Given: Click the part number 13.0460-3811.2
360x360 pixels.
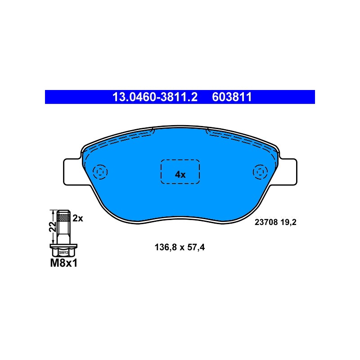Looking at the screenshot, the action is click(155, 97).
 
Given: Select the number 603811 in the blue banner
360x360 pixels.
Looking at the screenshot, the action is click(232, 97).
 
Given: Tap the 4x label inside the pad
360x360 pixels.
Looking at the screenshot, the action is click(180, 175).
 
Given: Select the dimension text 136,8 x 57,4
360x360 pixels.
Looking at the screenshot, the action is click(180, 247).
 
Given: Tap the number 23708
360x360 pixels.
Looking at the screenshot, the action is click(266, 222).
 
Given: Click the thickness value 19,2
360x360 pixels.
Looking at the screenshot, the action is click(288, 222).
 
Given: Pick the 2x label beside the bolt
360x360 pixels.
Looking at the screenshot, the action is click(77, 218).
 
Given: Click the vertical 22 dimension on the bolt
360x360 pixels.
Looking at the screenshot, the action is click(53, 227).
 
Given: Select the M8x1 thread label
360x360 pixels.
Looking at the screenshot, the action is click(64, 263).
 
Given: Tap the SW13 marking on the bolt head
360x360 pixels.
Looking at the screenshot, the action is click(63, 252).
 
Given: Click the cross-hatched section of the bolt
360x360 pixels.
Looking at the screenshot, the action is click(63, 216).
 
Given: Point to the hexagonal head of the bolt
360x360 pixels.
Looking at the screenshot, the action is click(63, 252).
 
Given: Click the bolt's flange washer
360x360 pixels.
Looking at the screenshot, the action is click(63, 246).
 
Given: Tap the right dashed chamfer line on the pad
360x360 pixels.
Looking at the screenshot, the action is click(242, 140).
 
